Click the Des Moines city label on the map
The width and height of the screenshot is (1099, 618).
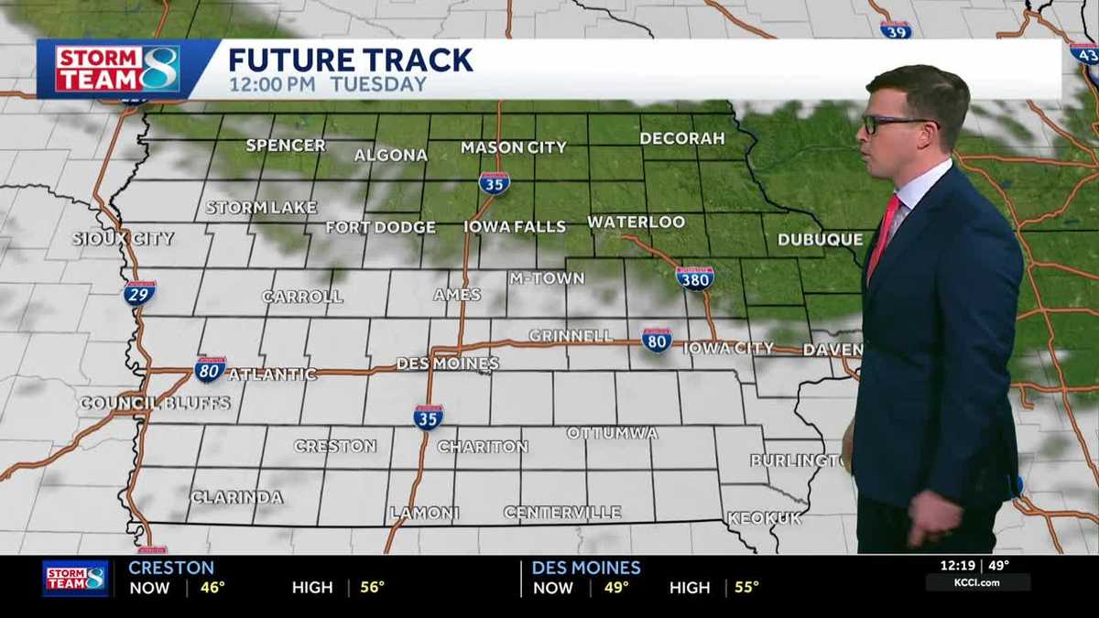coord(447,363)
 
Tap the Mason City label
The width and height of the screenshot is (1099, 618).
coord(513,146)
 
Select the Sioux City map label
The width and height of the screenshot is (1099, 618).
coord(124,238)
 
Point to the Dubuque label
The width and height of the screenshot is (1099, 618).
coord(820,240)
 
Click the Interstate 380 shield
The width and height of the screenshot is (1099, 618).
coord(695,276)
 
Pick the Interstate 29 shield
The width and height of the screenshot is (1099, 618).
coord(139,292)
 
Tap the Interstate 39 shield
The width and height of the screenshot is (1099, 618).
coord(896,29)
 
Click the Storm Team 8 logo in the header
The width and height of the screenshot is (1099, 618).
coord(117,69)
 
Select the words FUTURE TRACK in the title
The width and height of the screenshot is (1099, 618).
coord(351,60)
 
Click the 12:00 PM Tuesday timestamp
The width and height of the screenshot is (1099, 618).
coord(327,85)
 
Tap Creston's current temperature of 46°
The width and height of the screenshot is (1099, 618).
coord(212,588)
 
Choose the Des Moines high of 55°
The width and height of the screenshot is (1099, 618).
coord(746,588)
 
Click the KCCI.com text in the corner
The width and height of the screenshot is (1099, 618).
coord(977,582)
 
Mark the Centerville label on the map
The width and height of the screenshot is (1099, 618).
coord(562,513)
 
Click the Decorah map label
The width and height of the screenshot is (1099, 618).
coord(682,138)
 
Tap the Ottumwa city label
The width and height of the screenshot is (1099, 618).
coord(612,432)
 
